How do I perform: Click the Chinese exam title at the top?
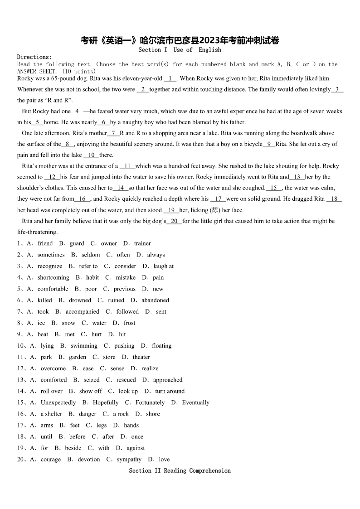pos(180,40)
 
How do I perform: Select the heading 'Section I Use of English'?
pos(180,50)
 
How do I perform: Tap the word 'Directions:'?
pos(34,57)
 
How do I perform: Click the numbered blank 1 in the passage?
pos(170,78)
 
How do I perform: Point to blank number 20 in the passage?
pos(175,221)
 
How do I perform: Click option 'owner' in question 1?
pos(109,243)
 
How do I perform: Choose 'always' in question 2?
pos(156,255)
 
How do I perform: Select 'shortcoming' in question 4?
pos(54,277)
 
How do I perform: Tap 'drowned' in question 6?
pos(80,300)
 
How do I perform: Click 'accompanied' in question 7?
pos(82,311)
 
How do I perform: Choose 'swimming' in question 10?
pos(84,345)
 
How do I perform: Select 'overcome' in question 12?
pos(53,368)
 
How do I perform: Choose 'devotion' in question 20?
pos(89,459)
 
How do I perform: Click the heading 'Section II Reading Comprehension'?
pos(180,470)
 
